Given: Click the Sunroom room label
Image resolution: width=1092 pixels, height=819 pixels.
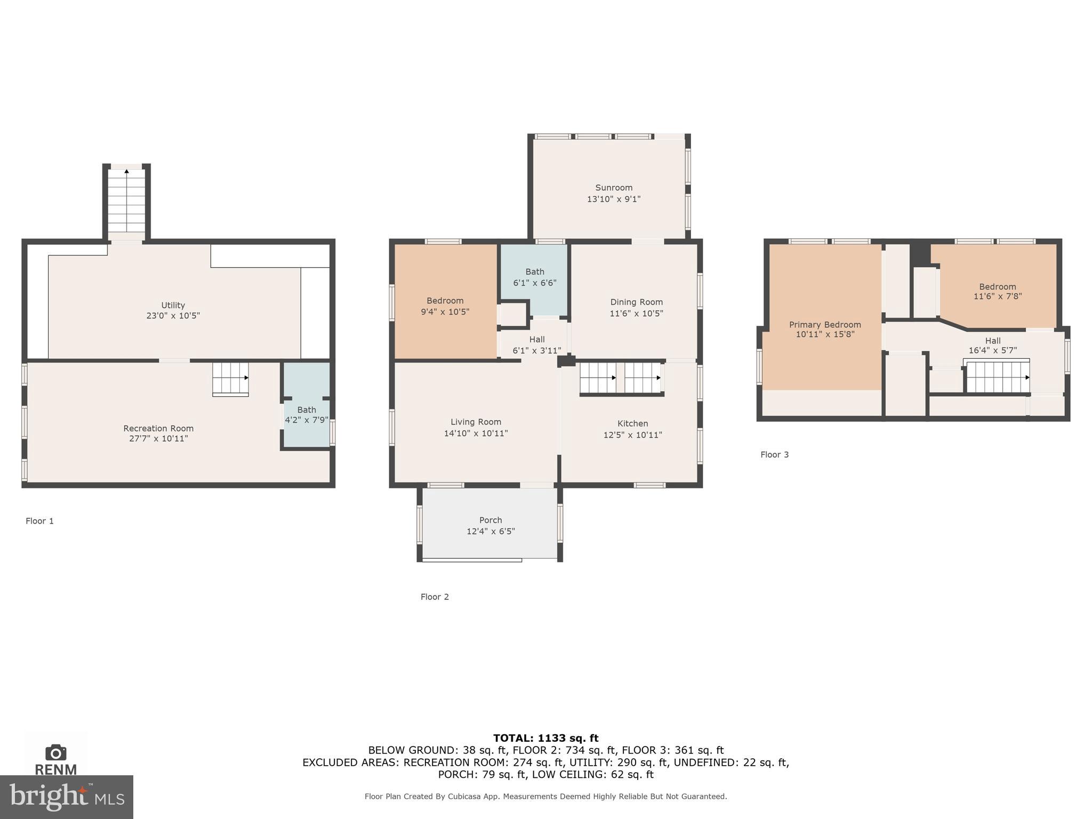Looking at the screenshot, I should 614,188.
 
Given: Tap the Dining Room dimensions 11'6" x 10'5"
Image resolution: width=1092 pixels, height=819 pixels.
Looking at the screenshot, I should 636,314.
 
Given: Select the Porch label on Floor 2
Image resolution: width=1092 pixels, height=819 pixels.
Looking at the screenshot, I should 491,520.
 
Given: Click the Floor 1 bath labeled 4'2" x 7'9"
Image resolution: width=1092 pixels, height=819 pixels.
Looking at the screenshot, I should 307,415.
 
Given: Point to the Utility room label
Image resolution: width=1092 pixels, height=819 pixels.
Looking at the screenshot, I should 173,305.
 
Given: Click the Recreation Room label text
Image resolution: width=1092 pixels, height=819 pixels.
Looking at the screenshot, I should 158,428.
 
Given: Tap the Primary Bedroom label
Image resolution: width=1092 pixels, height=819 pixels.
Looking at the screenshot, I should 825,325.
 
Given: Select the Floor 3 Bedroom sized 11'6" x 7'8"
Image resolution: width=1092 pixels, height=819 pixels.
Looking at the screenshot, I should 997,291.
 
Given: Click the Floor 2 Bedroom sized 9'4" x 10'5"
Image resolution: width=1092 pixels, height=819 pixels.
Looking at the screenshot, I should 445,306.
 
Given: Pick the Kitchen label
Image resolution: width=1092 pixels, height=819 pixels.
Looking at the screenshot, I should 632,423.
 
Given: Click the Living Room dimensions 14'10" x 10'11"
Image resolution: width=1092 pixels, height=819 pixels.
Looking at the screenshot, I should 476,433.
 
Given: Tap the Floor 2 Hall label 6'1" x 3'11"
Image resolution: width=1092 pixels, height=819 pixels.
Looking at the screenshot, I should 537,345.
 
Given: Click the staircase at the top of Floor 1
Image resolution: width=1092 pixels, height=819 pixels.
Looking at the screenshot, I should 126,201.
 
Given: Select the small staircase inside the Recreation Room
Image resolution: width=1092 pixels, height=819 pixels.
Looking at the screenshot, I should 230,379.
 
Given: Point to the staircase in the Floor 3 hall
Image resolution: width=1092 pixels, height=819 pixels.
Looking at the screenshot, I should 997,376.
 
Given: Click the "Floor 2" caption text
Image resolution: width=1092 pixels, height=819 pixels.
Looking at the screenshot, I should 435,597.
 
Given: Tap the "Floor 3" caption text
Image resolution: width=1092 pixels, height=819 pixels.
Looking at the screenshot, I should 774,454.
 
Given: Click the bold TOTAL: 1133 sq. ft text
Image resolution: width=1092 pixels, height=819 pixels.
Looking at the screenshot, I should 545,738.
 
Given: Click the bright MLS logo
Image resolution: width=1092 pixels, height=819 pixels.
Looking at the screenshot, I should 67,797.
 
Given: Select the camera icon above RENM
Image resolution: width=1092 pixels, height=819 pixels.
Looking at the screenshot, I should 55,752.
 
